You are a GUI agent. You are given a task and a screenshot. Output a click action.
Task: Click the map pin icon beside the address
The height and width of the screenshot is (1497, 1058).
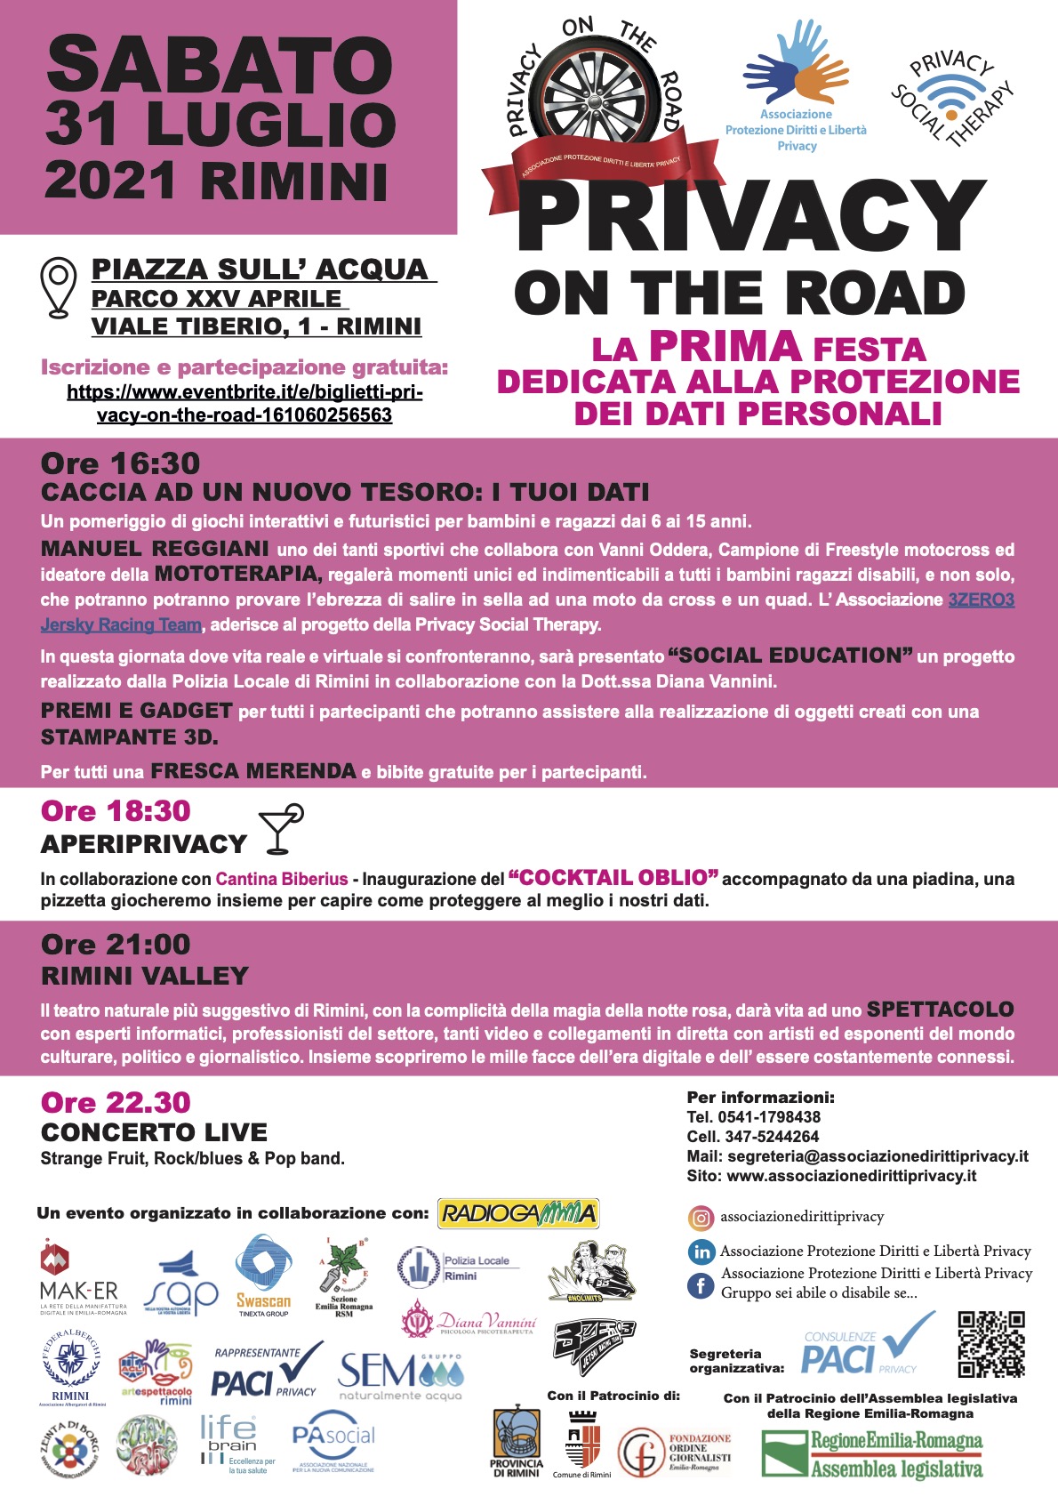click(59, 286)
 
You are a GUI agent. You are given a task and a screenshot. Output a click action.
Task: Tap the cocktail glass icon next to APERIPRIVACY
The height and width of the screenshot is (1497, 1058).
click(281, 829)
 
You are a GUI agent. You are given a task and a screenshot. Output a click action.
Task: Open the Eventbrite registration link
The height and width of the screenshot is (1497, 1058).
click(244, 403)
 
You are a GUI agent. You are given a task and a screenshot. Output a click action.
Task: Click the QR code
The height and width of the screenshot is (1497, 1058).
click(991, 1343)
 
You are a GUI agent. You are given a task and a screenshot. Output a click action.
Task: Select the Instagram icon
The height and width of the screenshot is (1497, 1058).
click(701, 1217)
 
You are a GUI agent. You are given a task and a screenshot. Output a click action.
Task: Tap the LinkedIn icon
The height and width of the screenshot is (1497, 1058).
click(701, 1252)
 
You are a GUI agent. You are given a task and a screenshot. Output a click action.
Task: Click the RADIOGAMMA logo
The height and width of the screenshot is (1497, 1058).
click(518, 1213)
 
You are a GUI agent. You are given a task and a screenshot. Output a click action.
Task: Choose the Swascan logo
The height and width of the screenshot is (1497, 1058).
click(263, 1275)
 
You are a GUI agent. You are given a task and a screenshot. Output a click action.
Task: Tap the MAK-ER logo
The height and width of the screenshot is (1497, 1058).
click(78, 1279)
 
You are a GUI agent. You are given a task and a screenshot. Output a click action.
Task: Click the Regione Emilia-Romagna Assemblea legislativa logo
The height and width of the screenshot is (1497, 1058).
click(871, 1453)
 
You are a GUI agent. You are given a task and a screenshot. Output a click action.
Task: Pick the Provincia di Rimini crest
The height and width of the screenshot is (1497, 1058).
click(516, 1442)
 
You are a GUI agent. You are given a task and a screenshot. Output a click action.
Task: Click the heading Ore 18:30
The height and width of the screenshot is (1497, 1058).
click(116, 811)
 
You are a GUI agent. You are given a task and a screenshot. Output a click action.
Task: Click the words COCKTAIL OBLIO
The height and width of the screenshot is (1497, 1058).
click(613, 878)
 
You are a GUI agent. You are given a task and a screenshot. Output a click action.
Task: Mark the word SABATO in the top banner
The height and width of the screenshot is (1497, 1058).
click(220, 66)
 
